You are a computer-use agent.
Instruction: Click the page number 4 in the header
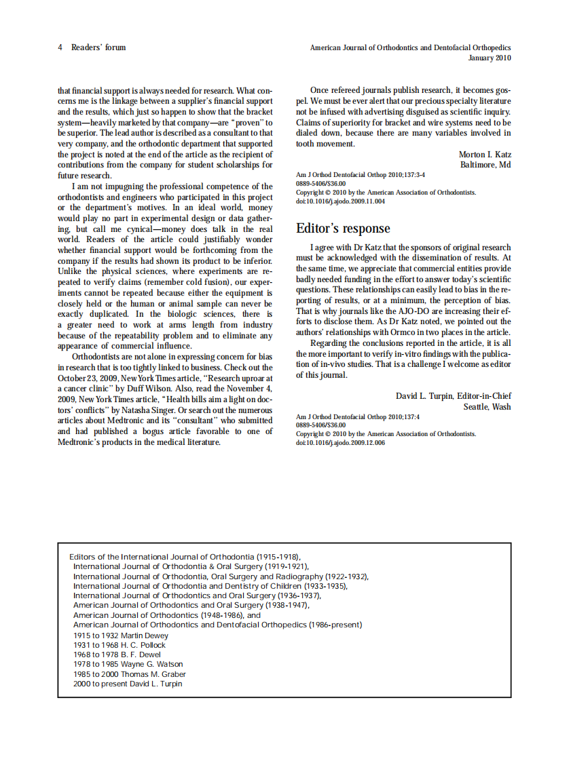[x=60, y=47]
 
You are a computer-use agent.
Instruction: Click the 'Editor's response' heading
[x=343, y=228]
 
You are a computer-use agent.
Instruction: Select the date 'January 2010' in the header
[x=490, y=58]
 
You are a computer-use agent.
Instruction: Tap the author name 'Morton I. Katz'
[x=485, y=155]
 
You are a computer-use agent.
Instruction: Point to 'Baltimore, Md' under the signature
[x=485, y=165]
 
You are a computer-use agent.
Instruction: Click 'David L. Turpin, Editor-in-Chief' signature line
[x=454, y=396]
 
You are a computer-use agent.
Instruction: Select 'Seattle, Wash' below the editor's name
[x=487, y=406]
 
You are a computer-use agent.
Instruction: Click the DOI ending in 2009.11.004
[x=340, y=201]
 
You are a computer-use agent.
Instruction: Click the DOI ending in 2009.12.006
[x=340, y=443]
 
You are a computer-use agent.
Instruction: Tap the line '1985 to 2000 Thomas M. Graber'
[x=129, y=674]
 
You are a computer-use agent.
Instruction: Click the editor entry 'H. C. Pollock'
[x=144, y=645]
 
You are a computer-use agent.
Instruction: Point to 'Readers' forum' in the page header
[x=98, y=47]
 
